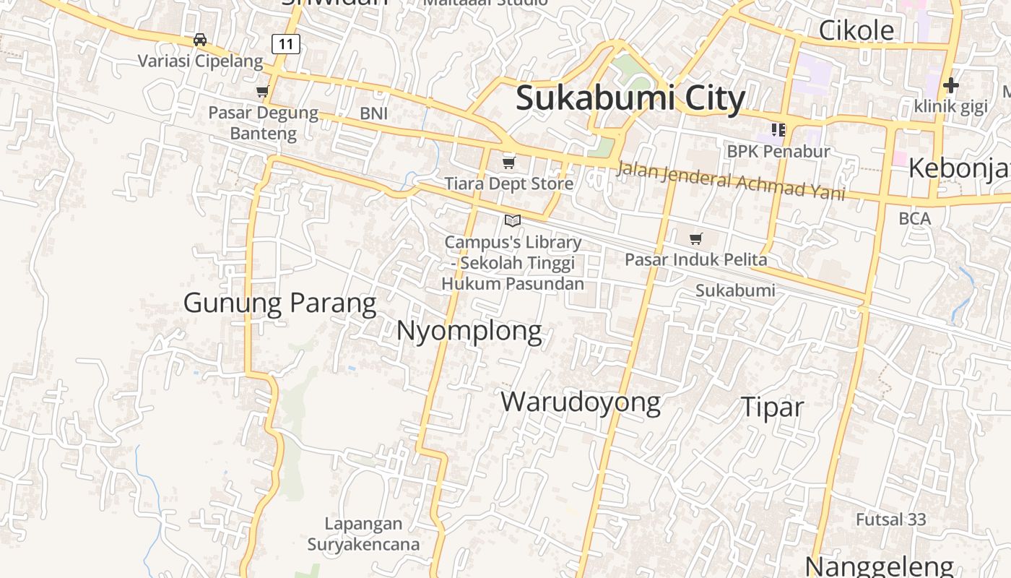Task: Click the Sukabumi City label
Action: coord(630,98)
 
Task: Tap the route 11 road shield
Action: coord(286,44)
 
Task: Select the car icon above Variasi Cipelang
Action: coord(200,40)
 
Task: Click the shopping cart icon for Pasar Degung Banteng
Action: coord(263,92)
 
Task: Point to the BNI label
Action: coord(374,113)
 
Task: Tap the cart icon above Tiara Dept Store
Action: coord(509,163)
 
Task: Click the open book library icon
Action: coord(513,220)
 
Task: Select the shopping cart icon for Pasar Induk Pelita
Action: coord(696,238)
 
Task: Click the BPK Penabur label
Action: coord(778,152)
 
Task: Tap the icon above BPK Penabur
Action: coord(778,130)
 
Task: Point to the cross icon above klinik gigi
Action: coord(950,86)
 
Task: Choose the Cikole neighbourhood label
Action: coord(856,30)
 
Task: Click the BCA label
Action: coord(915,218)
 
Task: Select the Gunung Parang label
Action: coord(279,303)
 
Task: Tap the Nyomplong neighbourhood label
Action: coord(469,331)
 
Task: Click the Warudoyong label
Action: coord(581,402)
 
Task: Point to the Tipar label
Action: coord(772,407)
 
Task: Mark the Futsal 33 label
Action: coord(890,519)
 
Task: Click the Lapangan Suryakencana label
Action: coord(363,534)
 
